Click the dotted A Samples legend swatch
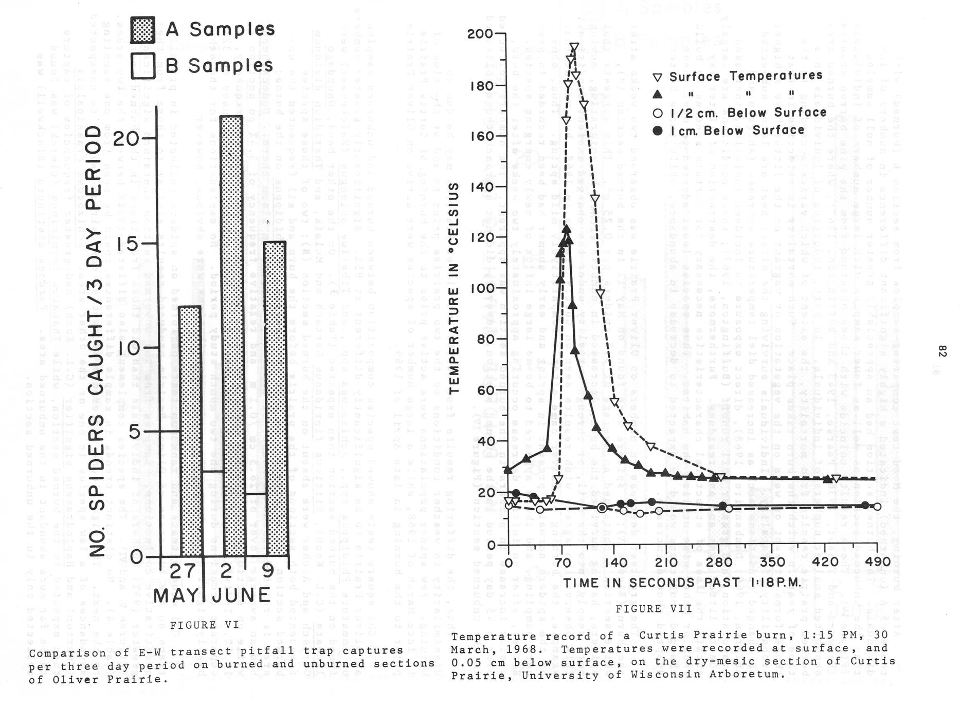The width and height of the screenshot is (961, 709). pos(142,30)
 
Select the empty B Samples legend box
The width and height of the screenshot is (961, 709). pos(142,66)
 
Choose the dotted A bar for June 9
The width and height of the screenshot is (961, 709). pos(275,398)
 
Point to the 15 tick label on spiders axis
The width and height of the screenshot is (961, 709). pos(126,244)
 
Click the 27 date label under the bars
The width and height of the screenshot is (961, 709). pos(183,571)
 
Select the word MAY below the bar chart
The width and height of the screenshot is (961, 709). pos(176,595)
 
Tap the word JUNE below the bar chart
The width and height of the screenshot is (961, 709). pos(241,595)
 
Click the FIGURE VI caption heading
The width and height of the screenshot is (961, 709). pos(204,625)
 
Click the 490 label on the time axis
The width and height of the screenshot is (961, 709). pos(877,562)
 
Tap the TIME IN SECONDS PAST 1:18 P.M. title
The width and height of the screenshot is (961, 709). pos(682,583)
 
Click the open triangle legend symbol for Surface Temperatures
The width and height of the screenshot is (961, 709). pos(658,78)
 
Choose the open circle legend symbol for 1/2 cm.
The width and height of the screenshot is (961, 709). pos(658,113)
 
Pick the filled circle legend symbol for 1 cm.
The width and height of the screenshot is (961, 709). pos(658,131)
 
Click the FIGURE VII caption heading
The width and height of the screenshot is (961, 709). pos(654,609)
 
